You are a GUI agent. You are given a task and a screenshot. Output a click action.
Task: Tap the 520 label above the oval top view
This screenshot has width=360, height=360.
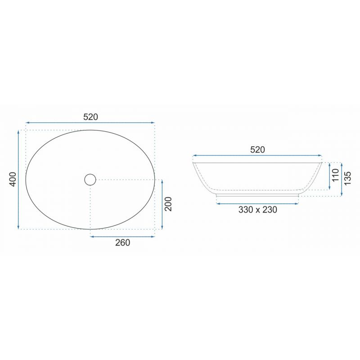coord(90,117)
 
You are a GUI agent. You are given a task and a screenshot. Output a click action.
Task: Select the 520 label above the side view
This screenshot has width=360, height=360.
coord(257,150)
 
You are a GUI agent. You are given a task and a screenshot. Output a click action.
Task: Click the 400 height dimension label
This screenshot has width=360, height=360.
coord(13,179)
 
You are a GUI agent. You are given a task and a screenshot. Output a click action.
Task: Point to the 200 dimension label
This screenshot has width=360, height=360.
coord(168,204)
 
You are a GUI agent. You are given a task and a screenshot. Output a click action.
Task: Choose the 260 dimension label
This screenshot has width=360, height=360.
coord(122,243)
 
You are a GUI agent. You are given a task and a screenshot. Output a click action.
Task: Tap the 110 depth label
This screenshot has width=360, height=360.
coord(335,175)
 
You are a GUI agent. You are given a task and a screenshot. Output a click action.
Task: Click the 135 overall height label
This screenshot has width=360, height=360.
coord(347,178)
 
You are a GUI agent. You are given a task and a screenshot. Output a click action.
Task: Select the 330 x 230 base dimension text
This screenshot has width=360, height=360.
coord(257,210)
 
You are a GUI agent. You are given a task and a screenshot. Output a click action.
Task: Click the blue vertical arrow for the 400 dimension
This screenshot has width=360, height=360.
coord(18,180)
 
